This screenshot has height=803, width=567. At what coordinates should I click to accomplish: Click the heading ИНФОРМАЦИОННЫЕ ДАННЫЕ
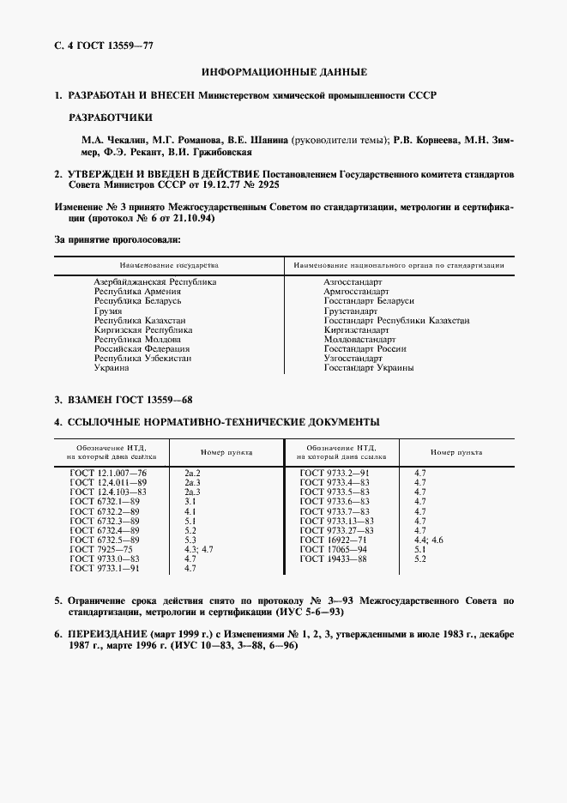tap(284, 72)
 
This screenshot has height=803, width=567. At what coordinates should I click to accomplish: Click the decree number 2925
tap(266, 184)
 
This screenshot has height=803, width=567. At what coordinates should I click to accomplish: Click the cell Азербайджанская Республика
tap(155, 281)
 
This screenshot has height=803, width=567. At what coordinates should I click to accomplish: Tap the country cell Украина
tap(112, 368)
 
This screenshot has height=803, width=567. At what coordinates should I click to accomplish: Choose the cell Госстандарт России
tap(365, 349)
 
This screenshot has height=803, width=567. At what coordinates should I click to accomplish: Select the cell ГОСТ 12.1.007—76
tap(108, 473)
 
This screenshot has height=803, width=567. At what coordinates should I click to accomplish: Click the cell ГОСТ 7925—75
tap(99, 549)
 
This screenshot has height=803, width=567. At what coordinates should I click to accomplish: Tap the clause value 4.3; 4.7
tap(198, 549)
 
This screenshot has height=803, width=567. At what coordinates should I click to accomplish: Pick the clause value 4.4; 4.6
tap(429, 540)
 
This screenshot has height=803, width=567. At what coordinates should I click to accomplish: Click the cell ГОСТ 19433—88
tap(334, 558)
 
